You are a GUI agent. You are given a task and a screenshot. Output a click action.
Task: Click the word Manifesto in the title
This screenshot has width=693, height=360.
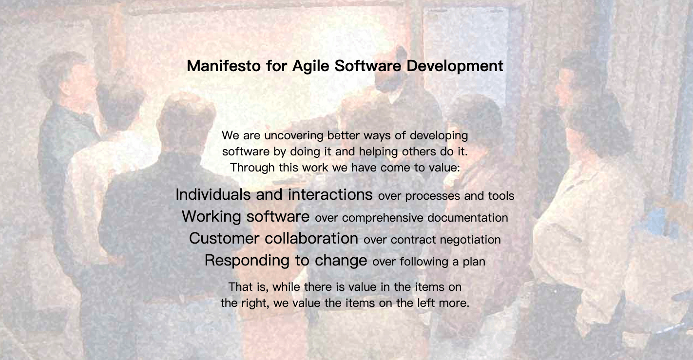(x=224, y=66)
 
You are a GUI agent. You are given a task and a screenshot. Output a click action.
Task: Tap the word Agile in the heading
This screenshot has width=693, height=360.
(x=310, y=66)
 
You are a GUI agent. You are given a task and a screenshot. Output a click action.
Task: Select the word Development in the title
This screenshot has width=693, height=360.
(x=455, y=66)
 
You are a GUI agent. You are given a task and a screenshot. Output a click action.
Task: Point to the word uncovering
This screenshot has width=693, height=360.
(x=294, y=136)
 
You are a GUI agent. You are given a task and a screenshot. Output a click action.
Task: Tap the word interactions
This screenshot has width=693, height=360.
(x=330, y=194)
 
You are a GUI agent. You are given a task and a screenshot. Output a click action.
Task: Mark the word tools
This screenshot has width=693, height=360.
(x=501, y=196)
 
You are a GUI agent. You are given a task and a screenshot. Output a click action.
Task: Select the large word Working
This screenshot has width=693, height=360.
(x=212, y=216)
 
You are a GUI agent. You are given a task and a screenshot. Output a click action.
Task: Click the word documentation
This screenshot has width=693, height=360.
(x=467, y=218)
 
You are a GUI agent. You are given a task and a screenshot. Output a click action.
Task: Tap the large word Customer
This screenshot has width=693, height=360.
(x=224, y=238)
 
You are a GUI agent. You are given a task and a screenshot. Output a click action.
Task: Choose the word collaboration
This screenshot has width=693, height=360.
(x=311, y=238)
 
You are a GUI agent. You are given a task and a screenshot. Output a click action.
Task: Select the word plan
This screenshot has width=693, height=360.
(x=474, y=262)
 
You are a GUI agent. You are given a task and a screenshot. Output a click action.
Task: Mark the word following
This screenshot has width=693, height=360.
(x=424, y=262)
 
